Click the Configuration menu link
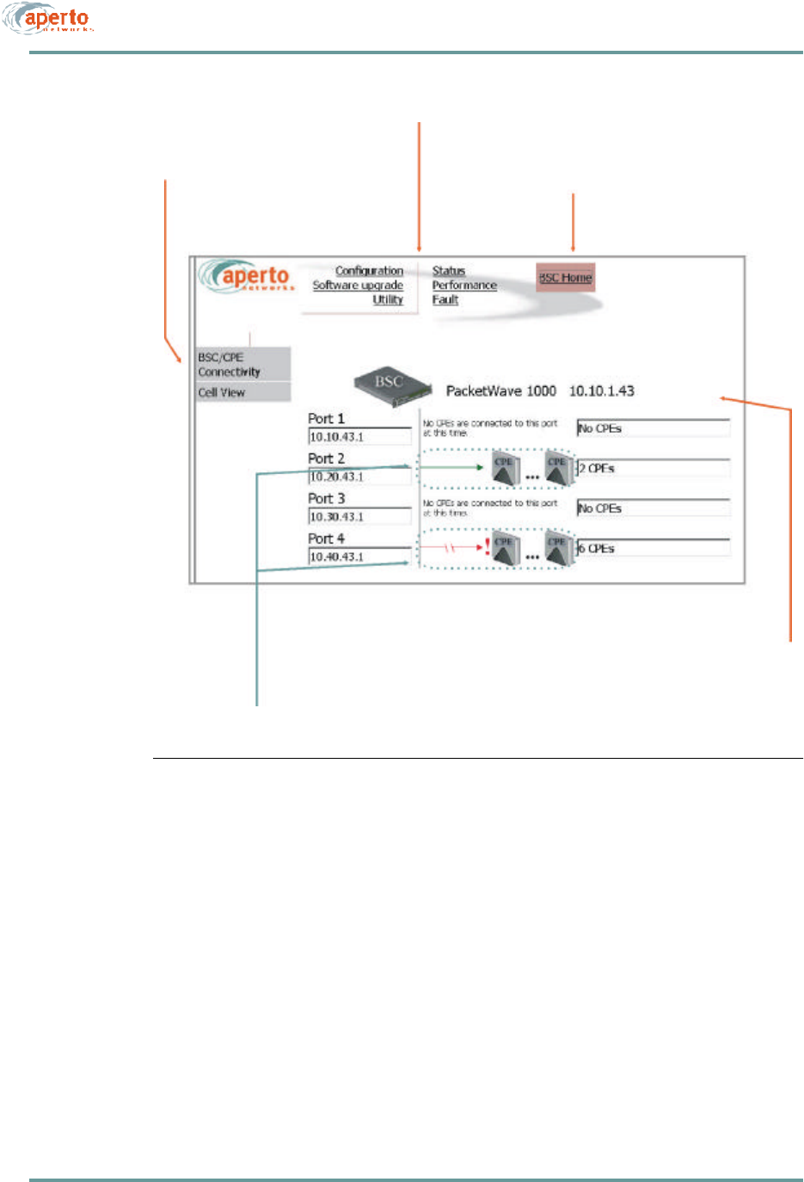coord(369,271)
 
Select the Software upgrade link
coord(358,286)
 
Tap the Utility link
coord(388,300)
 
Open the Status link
coord(448,271)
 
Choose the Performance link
coord(464,286)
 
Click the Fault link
coord(445,300)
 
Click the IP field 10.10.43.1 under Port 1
coord(359,437)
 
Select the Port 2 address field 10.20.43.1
coord(359,477)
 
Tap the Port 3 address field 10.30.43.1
coord(359,517)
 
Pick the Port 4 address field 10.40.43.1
coord(359,557)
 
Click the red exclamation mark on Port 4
coord(488,545)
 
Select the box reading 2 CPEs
coord(653,469)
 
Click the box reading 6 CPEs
coord(653,549)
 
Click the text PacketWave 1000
coord(500,391)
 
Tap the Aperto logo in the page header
coord(49,19)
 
